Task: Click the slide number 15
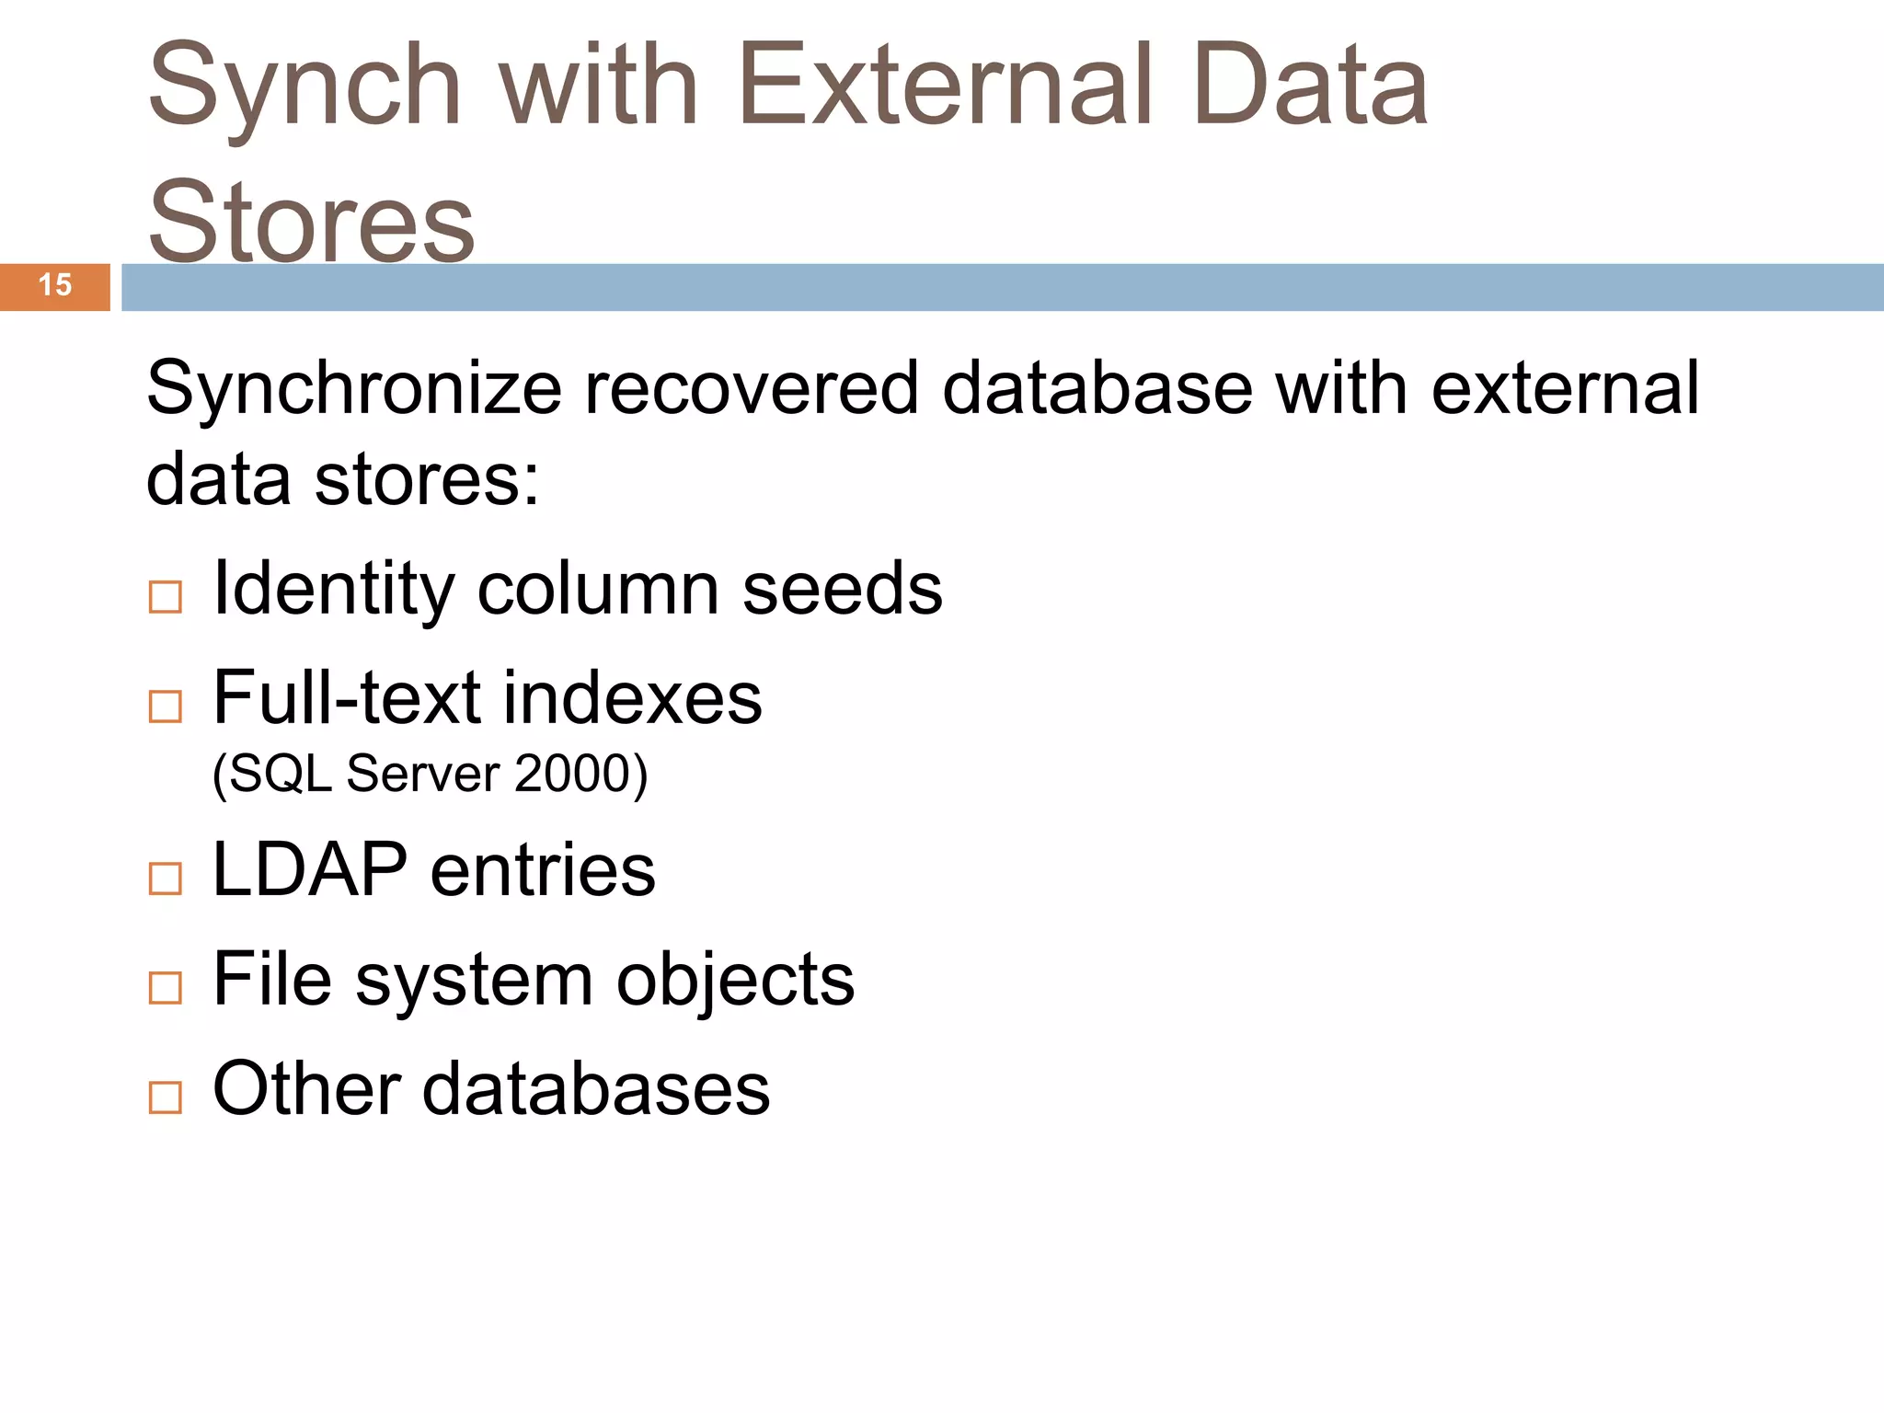coord(55,285)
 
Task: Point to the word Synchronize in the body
coord(353,389)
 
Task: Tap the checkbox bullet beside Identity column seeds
coord(166,597)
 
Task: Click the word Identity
coord(333,590)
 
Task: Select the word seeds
coord(842,590)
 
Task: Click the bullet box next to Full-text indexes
coord(166,706)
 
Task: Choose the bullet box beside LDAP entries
coord(166,879)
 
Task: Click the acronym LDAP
coord(310,869)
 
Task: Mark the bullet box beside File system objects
coord(166,988)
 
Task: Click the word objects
coord(735,981)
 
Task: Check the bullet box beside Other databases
coord(166,1097)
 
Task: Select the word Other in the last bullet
coord(305,1089)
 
